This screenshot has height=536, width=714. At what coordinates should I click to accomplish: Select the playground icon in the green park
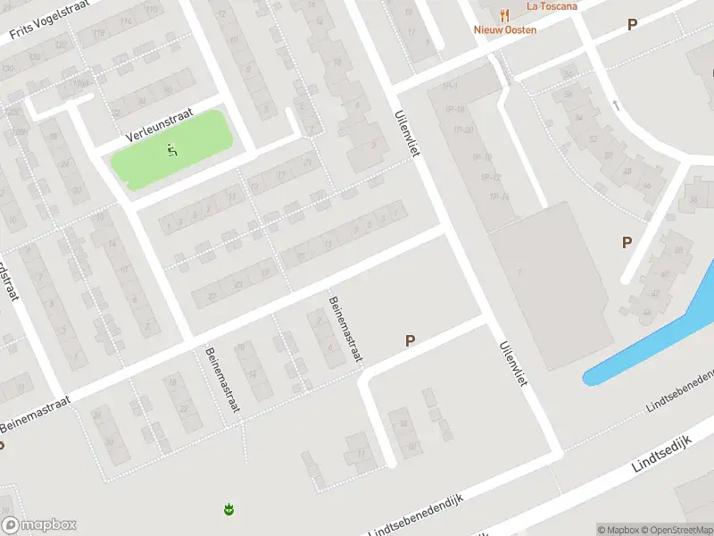point(171,151)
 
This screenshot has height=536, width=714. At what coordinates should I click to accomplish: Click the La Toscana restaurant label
point(552,5)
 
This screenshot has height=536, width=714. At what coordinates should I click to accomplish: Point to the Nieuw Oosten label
point(505,29)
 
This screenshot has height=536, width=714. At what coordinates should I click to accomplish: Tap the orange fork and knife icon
point(505,14)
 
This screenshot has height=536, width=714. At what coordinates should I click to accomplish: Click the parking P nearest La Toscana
point(632,25)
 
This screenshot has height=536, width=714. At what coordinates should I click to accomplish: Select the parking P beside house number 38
point(627,242)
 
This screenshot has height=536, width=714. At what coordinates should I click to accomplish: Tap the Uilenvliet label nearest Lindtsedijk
point(514,364)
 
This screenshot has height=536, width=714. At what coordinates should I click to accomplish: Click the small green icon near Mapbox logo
point(228,509)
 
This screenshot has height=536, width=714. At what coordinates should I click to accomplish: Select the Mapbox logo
point(38,525)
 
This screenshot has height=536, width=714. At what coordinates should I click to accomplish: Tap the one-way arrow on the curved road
point(615,105)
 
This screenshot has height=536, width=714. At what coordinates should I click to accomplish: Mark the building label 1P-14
point(499,196)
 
